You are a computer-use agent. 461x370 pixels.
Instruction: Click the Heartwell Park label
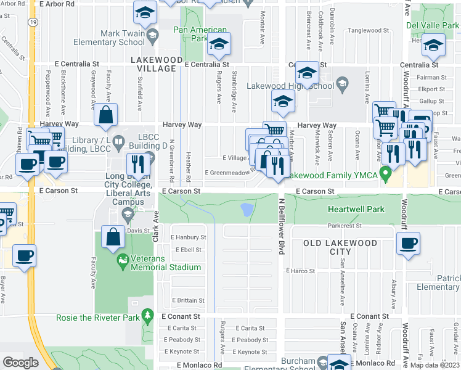point(356,209)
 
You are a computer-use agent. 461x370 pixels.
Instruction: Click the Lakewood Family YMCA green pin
point(386,175)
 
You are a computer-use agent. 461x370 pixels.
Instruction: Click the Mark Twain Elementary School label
point(109,37)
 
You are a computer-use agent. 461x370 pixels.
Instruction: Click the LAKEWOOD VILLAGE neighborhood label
point(157,64)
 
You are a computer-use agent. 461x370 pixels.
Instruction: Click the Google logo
point(20,363)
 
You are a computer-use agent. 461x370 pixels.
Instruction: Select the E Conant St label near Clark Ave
point(181,316)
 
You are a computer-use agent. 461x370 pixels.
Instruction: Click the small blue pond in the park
point(247,210)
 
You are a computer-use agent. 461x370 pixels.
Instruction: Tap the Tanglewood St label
point(369,30)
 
